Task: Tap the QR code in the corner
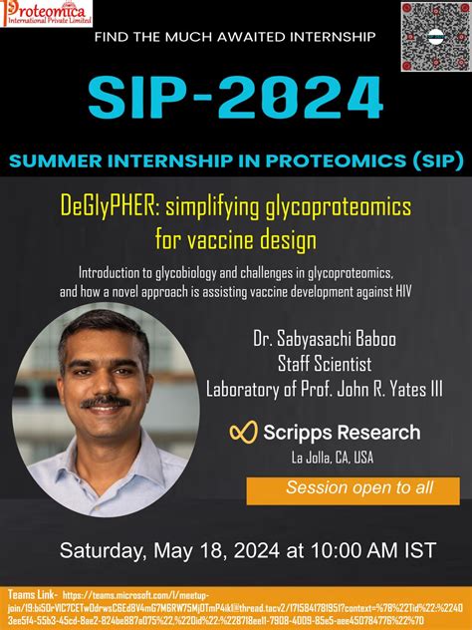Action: [435, 35]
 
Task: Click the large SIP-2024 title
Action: [236, 97]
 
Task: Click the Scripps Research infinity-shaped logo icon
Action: [244, 432]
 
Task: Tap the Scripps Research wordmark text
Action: [342, 432]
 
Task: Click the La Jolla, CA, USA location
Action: [332, 458]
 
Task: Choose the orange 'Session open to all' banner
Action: [353, 488]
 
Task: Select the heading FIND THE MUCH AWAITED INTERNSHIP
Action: [235, 37]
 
